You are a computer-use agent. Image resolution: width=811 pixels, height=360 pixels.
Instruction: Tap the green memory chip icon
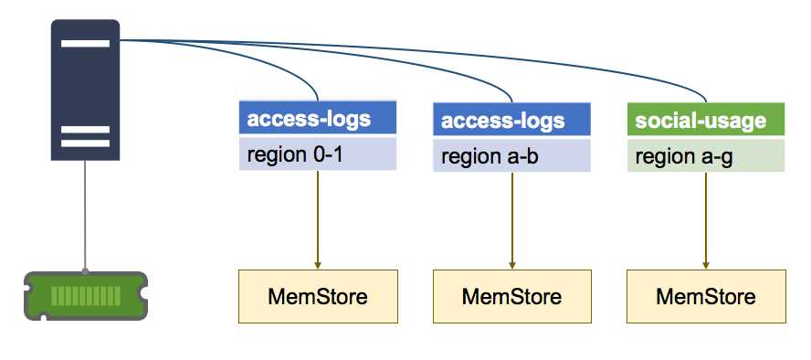pos(85,295)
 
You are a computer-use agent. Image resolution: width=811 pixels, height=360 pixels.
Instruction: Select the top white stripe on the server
pos(84,43)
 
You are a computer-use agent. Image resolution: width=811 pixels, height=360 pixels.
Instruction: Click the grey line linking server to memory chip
pos(85,216)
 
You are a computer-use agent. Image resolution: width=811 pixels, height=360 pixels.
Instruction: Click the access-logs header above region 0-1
pos(317,119)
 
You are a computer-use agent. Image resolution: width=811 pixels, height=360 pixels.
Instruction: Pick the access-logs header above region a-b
pos(511,121)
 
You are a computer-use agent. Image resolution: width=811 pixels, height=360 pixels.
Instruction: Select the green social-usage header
pos(706,121)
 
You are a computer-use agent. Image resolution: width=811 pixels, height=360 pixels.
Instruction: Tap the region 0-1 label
pos(317,154)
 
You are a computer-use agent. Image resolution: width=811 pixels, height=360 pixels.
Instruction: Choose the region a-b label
pos(511,156)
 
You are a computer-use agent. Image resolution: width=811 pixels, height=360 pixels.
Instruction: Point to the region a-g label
pos(706,156)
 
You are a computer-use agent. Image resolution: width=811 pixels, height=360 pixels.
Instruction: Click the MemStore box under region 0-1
pos(317,296)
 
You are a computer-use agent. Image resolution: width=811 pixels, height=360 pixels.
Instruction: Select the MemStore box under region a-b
pos(511,296)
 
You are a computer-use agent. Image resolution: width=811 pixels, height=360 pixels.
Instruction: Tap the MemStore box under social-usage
pos(706,296)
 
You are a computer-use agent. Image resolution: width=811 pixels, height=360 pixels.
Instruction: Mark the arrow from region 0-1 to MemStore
pos(317,219)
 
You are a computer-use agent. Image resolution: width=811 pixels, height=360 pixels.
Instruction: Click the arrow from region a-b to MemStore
pos(511,219)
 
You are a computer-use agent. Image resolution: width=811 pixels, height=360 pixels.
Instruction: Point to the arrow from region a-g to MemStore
pos(706,219)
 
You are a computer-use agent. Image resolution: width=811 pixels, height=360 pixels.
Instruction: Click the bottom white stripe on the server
pos(84,143)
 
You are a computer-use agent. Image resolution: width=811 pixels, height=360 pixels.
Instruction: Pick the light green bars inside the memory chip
pos(85,296)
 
